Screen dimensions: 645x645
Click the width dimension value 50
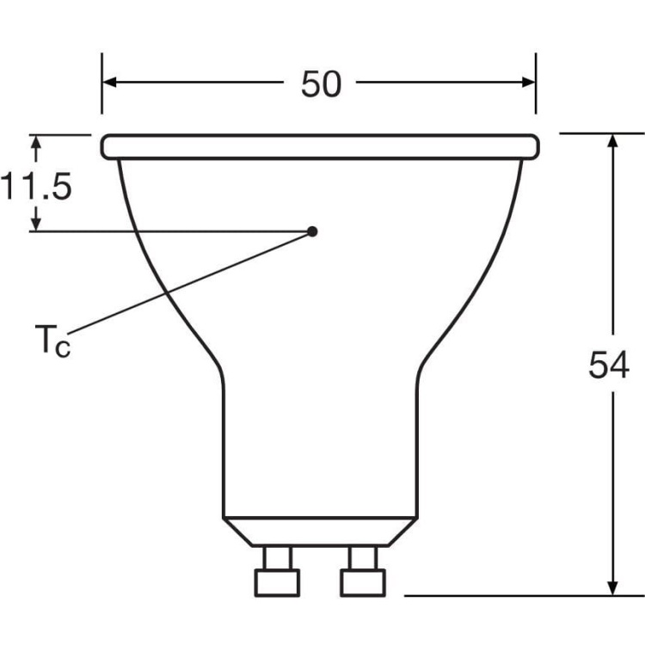coord(320,83)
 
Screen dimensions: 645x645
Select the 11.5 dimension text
coord(35,187)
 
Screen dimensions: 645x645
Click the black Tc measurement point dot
coord(312,230)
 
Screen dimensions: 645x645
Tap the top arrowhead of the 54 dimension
coord(613,142)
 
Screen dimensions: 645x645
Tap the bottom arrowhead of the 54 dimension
coord(613,586)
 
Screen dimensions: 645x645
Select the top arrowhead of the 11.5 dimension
coord(35,141)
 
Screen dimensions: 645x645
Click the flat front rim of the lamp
coord(320,146)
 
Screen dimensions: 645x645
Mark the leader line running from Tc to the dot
coord(189,283)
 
